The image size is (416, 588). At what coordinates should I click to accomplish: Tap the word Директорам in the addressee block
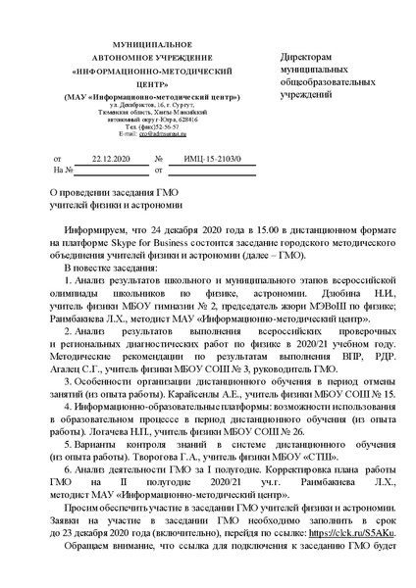[x=305, y=58]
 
